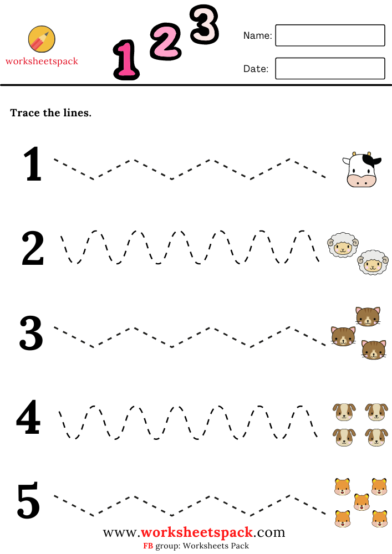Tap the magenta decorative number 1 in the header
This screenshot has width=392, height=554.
tap(126, 60)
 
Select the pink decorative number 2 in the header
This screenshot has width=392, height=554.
tap(165, 40)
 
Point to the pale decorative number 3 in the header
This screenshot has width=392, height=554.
tap(204, 24)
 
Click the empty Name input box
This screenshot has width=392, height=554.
tap(330, 35)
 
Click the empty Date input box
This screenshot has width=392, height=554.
tap(330, 69)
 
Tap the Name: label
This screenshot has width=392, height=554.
tap(257, 35)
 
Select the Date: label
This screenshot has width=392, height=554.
tap(256, 69)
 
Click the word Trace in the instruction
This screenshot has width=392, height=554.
tap(26, 113)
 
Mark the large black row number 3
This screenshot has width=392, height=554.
tap(31, 334)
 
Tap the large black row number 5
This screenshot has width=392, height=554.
tap(29, 501)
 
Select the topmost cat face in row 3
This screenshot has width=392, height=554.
tap(368, 316)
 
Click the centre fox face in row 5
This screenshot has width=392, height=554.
tap(362, 502)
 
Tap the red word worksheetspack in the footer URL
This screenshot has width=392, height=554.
tap(197, 533)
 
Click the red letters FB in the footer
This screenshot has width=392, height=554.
tap(148, 546)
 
